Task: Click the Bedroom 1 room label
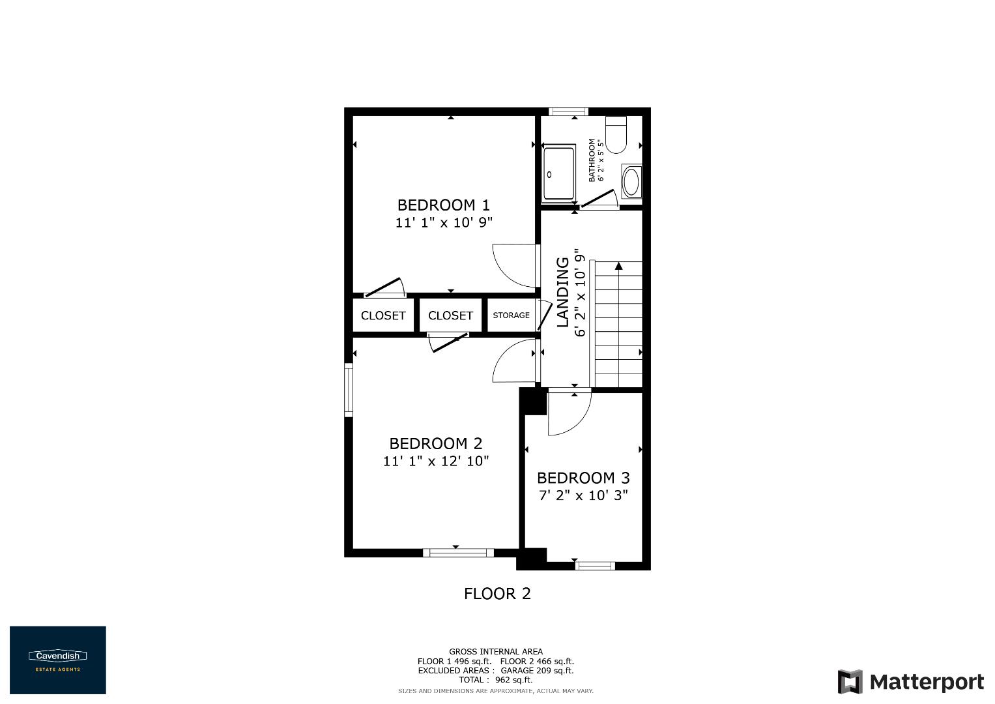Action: pos(443,205)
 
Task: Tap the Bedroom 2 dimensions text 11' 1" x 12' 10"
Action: pos(436,461)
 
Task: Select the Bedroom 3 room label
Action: pos(583,478)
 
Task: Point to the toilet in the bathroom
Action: pos(616,135)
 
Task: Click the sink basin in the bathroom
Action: pos(631,182)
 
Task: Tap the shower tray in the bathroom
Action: pos(559,174)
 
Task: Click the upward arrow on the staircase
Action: pos(618,265)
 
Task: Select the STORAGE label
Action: pos(511,315)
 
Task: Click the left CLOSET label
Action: pos(383,315)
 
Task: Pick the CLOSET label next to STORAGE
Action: pos(450,315)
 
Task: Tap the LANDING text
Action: pos(563,292)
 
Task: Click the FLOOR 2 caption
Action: pos(497,594)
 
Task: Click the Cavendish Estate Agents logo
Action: pos(57,660)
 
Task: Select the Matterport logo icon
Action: pos(850,682)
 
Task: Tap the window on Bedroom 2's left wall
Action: pos(349,390)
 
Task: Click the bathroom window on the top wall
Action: pos(568,111)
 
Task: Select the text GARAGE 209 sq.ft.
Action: pos(537,670)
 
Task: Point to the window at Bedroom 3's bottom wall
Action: pos(595,566)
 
